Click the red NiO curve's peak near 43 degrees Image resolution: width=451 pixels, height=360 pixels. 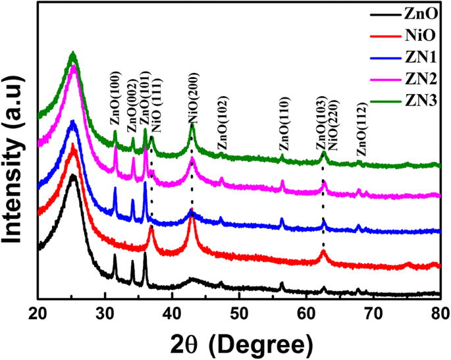click(192, 217)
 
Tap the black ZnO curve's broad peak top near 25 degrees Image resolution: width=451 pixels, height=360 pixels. click(73, 176)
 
